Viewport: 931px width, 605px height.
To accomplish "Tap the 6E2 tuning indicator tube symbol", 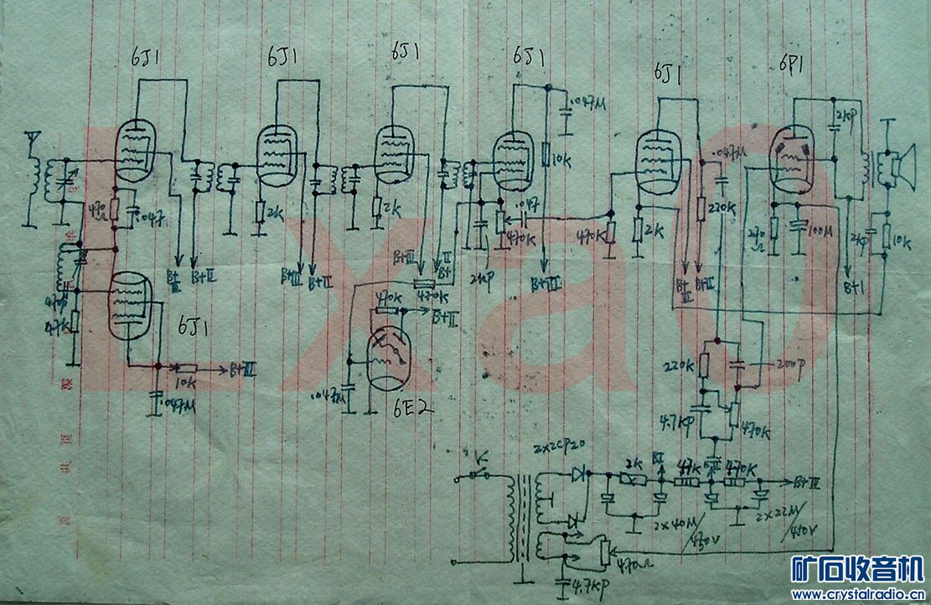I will (391, 357).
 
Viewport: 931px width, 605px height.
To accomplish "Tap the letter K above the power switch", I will (480, 458).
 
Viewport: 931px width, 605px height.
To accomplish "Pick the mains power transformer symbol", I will (521, 520).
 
